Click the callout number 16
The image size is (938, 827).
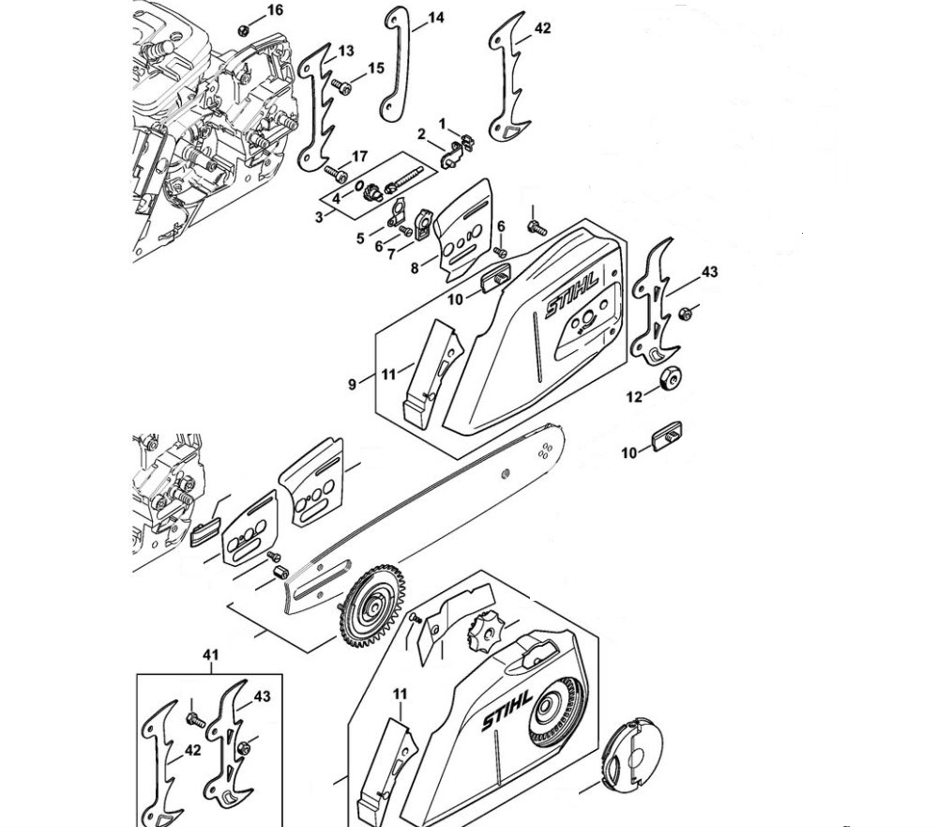click(x=274, y=10)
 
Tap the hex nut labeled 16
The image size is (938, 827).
click(x=243, y=29)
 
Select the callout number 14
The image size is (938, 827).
click(x=436, y=18)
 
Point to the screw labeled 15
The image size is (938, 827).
click(x=343, y=87)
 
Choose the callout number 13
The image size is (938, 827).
click(x=346, y=51)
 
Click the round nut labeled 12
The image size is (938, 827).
click(x=671, y=378)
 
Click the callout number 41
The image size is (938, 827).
click(x=211, y=654)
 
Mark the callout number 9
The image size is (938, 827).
click(x=353, y=384)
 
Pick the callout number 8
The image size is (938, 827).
click(x=415, y=268)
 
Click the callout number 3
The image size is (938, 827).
click(x=319, y=217)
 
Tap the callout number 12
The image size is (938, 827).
click(x=634, y=397)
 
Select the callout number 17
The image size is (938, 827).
click(x=359, y=156)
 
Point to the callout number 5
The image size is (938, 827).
click(x=360, y=239)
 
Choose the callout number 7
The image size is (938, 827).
click(x=391, y=255)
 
